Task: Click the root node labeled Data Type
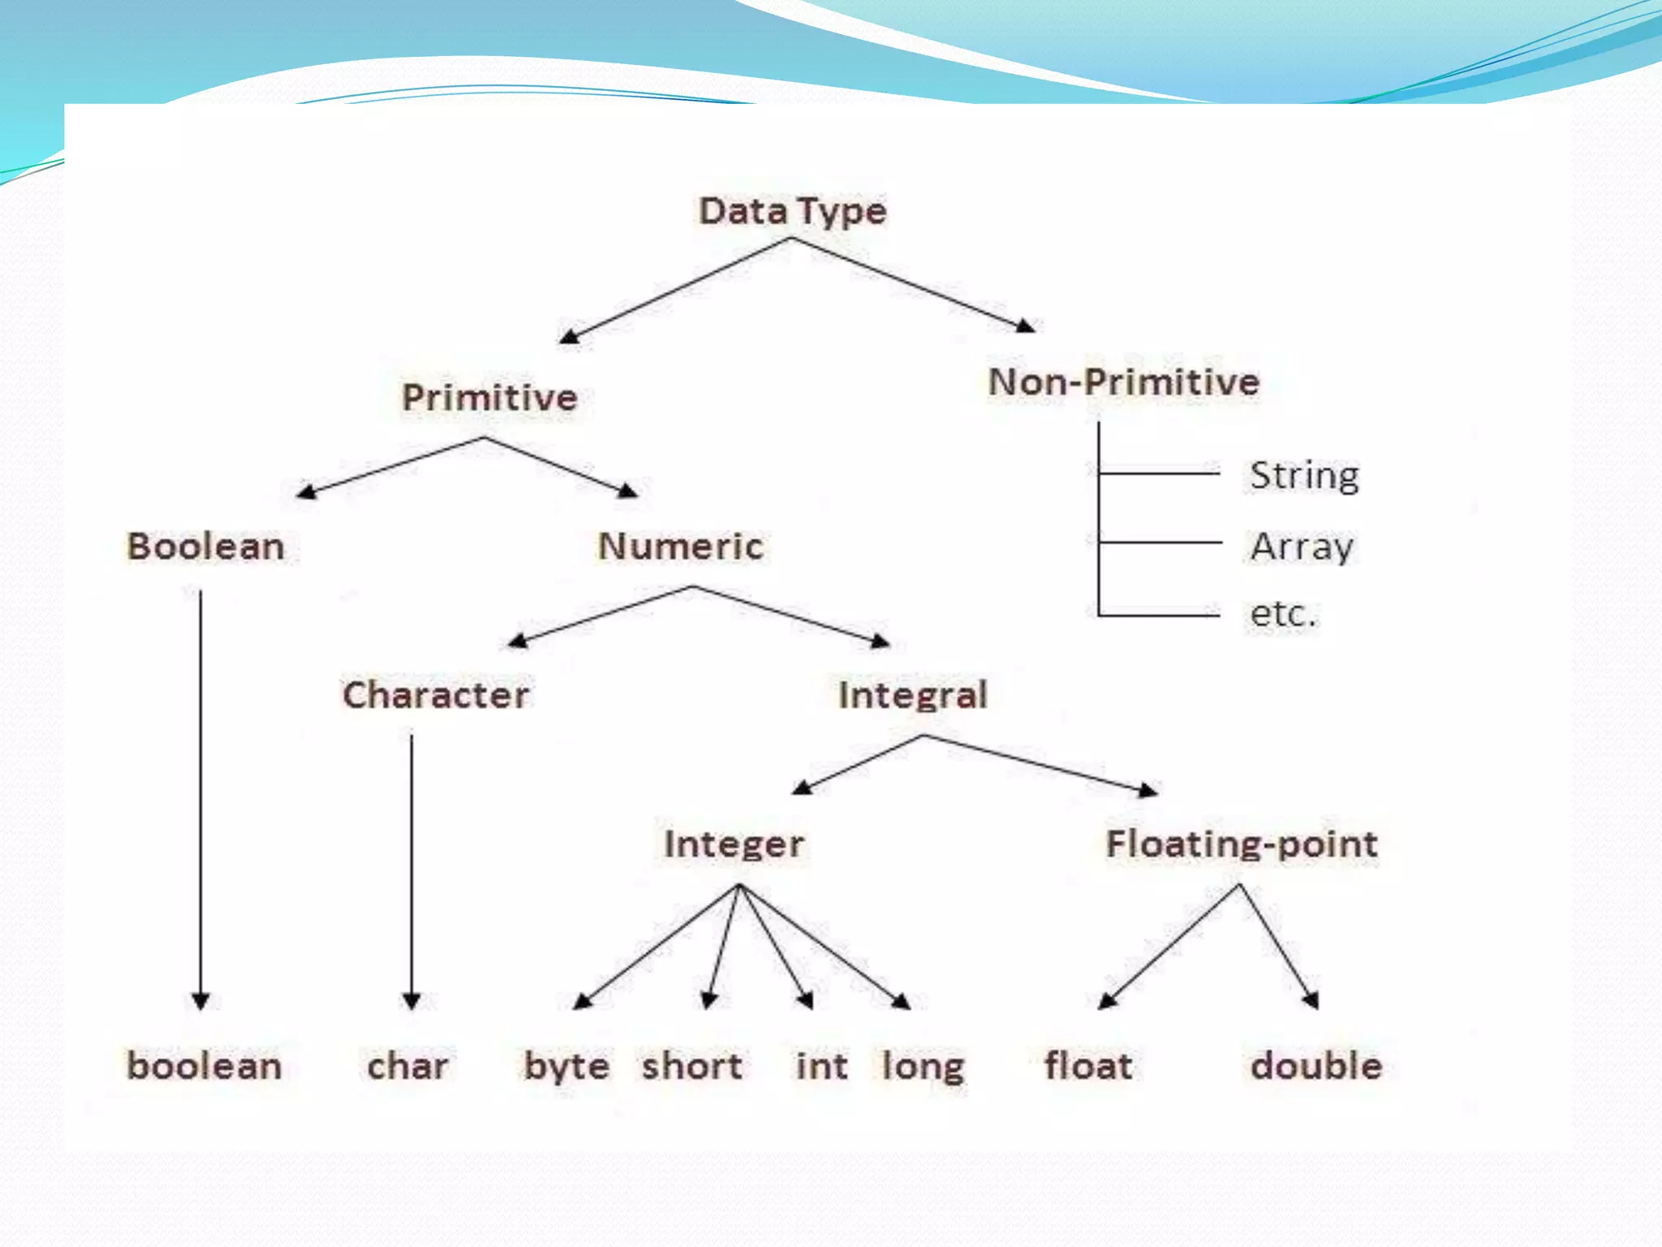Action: coord(792,211)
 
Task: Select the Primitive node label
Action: coord(489,398)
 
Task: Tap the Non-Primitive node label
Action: coord(1124,382)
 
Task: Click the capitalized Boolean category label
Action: coord(205,546)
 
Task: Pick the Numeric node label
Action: coord(681,546)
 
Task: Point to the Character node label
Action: coord(436,695)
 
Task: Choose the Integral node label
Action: coord(913,695)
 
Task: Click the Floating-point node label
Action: coord(1242,844)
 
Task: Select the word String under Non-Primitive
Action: coord(1304,476)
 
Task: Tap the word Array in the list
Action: coord(1302,546)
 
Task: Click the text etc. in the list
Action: coord(1282,614)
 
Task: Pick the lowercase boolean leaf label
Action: coord(205,1066)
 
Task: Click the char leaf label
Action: coord(407,1066)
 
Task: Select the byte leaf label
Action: coord(566,1067)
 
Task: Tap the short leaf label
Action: coord(691,1066)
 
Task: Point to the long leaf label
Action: coord(923,1067)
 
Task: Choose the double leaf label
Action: coord(1316,1066)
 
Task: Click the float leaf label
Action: coord(1088,1066)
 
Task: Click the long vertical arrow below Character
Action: coord(411,869)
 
